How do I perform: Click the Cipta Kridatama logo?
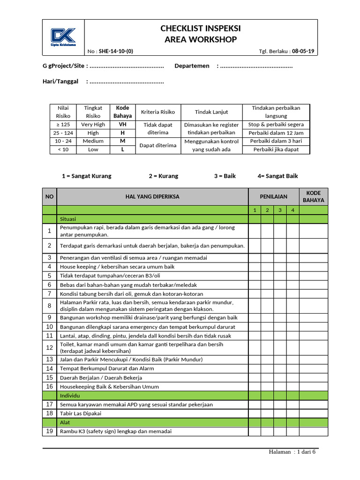63,37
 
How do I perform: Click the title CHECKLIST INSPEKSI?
201,29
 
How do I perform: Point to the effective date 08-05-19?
303,52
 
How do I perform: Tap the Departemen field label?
192,66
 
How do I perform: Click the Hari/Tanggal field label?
60,82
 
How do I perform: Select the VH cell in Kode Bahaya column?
122,125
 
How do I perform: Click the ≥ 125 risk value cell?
63,125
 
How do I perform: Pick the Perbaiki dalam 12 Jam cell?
276,133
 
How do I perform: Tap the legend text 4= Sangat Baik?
277,176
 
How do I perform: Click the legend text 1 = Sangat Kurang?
87,176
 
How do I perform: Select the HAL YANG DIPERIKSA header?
152,197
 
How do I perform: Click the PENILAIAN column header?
274,197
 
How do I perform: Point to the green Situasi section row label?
68,219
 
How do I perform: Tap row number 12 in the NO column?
49,347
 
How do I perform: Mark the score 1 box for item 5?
255,276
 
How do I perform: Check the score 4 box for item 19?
292,431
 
